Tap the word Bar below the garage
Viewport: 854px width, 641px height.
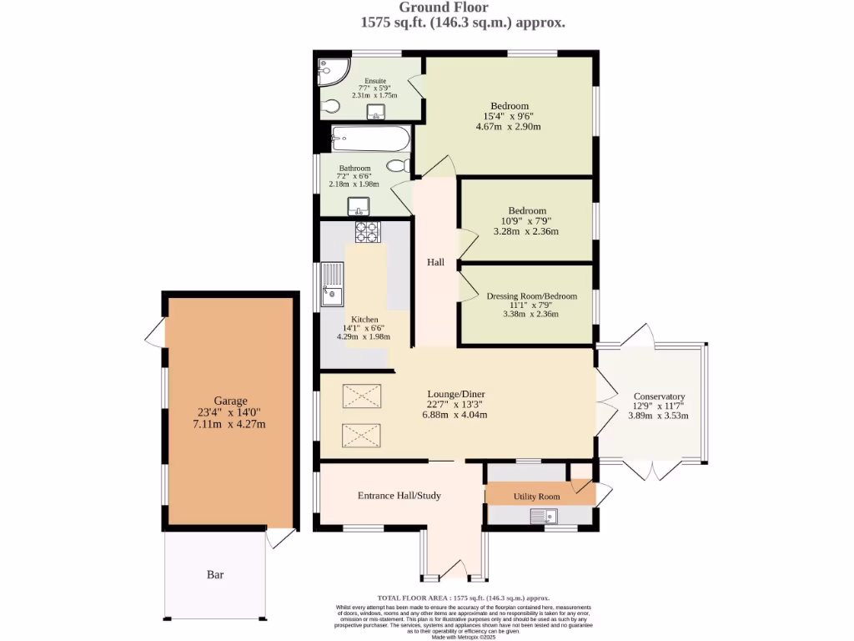(x=215, y=574)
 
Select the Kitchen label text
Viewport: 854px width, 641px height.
(x=364, y=320)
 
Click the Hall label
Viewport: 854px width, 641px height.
(x=435, y=262)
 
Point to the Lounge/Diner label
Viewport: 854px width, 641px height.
(x=455, y=394)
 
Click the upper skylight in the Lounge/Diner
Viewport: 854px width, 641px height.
(x=361, y=397)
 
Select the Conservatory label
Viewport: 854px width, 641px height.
(x=659, y=396)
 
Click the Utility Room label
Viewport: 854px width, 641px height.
(x=536, y=497)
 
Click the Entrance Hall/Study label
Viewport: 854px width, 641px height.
(x=399, y=496)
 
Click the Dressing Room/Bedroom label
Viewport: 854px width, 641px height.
(x=531, y=295)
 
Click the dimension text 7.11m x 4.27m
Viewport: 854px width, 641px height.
(x=229, y=424)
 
